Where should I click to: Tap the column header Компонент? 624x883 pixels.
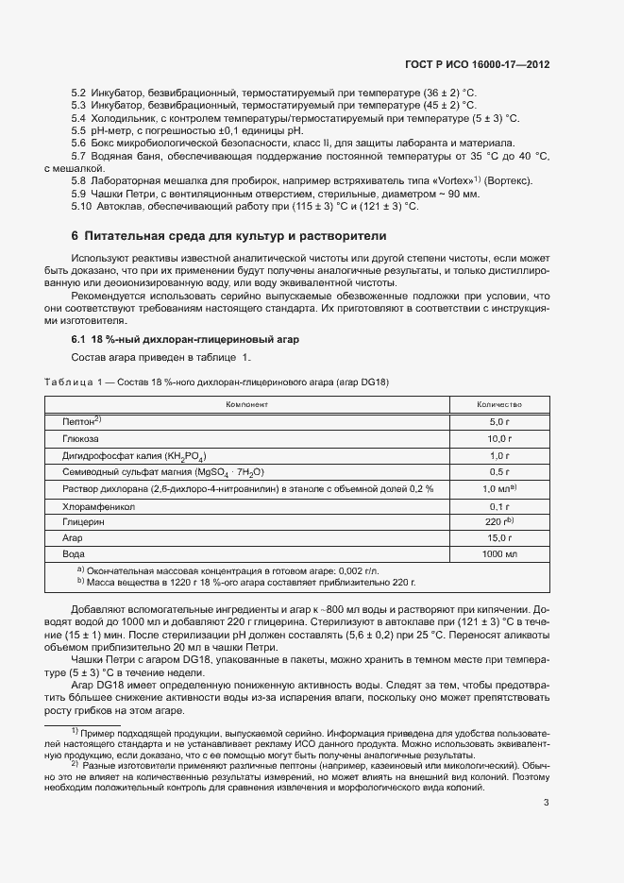(246, 404)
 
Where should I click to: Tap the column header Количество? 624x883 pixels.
(498, 404)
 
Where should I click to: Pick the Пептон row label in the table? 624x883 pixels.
(81, 421)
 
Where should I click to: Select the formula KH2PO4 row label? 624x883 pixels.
(134, 455)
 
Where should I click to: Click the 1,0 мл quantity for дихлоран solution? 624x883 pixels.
(498, 488)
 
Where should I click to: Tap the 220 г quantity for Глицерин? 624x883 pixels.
(498, 521)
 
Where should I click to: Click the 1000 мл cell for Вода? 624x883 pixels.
(498, 554)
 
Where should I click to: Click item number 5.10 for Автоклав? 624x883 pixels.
(81, 207)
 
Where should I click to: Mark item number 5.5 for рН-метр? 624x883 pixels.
(80, 130)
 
